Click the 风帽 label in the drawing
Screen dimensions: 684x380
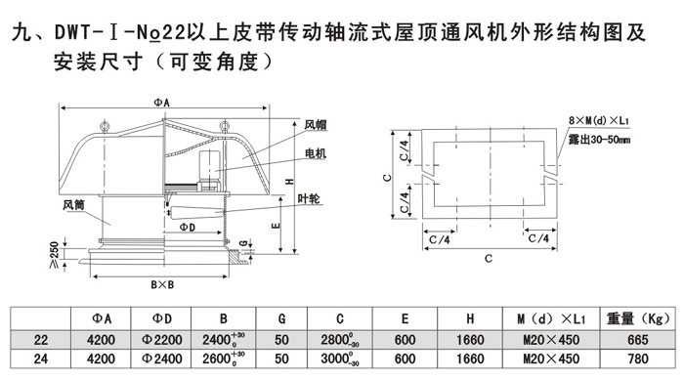pyautogui.click(x=316, y=125)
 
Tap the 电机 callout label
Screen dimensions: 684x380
pyautogui.click(x=316, y=153)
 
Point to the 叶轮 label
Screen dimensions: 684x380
pyautogui.click(x=309, y=199)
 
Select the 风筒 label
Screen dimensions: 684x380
pyautogui.click(x=73, y=204)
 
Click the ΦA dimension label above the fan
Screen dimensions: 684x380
pyautogui.click(x=161, y=103)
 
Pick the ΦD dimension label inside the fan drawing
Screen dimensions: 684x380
pyautogui.click(x=188, y=228)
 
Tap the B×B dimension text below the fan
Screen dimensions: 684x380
pyautogui.click(x=162, y=285)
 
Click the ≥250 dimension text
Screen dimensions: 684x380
pyautogui.click(x=55, y=256)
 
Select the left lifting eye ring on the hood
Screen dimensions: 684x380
pyautogui.click(x=105, y=126)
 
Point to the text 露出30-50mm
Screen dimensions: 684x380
pyautogui.click(x=599, y=140)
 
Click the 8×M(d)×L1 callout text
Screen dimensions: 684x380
pyautogui.click(x=598, y=120)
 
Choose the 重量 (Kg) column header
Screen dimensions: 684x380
pyautogui.click(x=637, y=318)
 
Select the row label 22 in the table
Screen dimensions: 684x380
pyautogui.click(x=41, y=340)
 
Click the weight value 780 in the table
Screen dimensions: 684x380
pyautogui.click(x=638, y=359)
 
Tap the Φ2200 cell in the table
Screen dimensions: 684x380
pyautogui.click(x=161, y=340)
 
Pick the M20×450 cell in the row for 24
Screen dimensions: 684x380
pyautogui.click(x=551, y=359)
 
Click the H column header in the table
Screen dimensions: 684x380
pyautogui.click(x=470, y=318)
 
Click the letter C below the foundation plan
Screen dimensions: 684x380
pyautogui.click(x=489, y=258)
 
